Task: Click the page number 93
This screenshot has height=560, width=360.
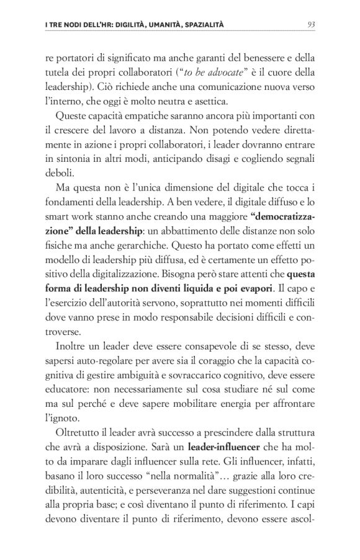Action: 312,25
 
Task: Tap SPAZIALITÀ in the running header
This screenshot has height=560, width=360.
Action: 202,25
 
